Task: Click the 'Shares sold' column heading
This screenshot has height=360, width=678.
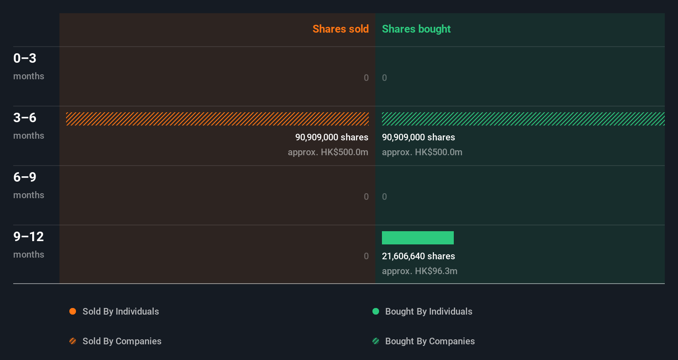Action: [x=340, y=29]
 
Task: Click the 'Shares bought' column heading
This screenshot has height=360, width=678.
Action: [x=416, y=29]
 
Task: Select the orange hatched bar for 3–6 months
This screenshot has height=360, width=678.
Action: [x=217, y=119]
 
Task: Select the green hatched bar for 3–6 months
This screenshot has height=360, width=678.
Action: [x=523, y=119]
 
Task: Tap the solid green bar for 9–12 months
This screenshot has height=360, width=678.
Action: [x=417, y=238]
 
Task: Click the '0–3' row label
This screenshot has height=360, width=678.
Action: [x=25, y=58]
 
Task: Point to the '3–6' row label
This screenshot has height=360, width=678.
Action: [x=25, y=118]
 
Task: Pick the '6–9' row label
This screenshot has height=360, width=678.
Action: [x=25, y=177]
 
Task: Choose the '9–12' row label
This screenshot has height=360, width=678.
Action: [x=28, y=237]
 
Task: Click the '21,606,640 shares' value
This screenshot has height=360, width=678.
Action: [x=418, y=256]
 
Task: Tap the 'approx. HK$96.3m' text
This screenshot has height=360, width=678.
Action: [x=420, y=271]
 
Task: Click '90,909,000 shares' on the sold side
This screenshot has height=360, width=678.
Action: [x=332, y=137]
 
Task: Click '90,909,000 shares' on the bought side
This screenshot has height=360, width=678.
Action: [x=418, y=137]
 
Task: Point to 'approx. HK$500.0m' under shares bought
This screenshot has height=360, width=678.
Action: [x=422, y=152]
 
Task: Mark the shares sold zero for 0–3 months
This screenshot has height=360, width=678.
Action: [x=366, y=78]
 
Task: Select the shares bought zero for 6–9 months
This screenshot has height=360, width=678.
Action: [x=384, y=197]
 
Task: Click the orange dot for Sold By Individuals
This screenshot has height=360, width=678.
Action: [x=73, y=311]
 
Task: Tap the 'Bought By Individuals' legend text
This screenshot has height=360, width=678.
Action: [x=429, y=311]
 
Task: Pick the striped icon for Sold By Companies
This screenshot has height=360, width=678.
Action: [x=73, y=341]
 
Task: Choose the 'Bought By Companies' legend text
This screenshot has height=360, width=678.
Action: [x=430, y=341]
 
